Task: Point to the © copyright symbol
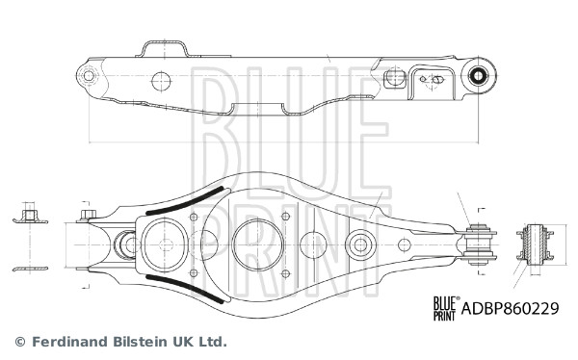click(19, 341)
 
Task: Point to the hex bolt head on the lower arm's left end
click(90, 216)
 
